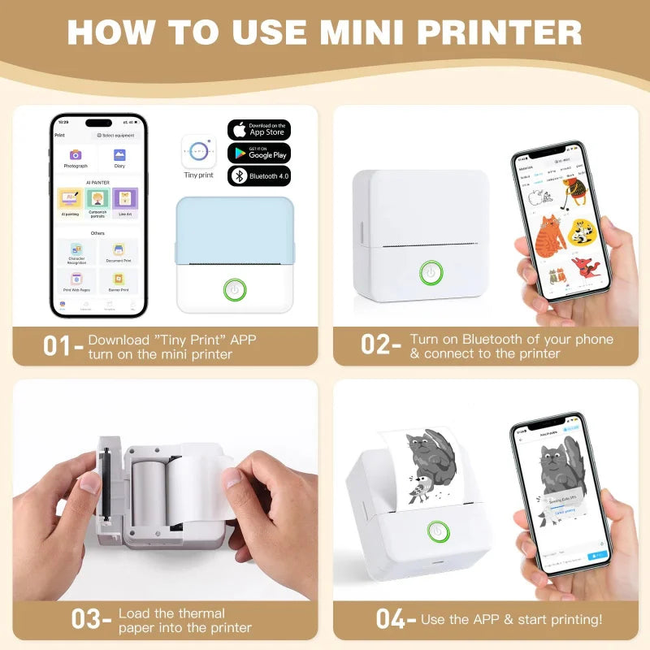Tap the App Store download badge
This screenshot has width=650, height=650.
coord(259,130)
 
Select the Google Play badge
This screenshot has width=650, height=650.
coord(259,153)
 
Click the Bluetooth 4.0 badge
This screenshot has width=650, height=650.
coord(259,175)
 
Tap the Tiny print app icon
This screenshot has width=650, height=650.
coord(198,152)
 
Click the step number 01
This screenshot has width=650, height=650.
coord(58,346)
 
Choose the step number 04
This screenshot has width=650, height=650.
coord(390,619)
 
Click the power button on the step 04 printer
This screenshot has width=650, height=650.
coord(440,531)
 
